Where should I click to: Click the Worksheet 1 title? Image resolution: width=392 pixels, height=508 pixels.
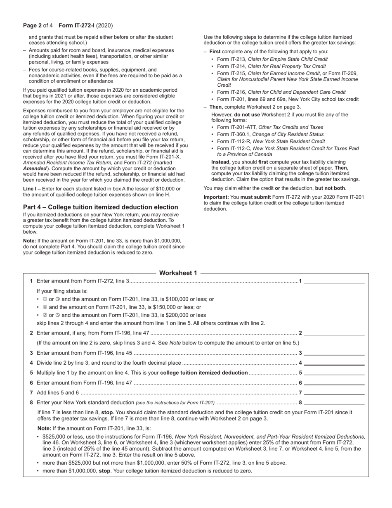178,273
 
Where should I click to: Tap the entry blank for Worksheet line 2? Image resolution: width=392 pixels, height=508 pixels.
334,332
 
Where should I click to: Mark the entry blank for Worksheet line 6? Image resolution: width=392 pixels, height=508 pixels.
334,382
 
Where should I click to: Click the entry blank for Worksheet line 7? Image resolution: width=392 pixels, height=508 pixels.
334,392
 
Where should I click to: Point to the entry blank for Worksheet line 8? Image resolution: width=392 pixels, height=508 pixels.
334,402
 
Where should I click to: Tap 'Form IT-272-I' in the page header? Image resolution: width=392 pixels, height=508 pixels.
76,26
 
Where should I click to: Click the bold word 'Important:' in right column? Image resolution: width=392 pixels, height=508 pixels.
216,197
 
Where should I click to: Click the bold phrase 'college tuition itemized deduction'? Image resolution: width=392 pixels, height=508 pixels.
204,373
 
